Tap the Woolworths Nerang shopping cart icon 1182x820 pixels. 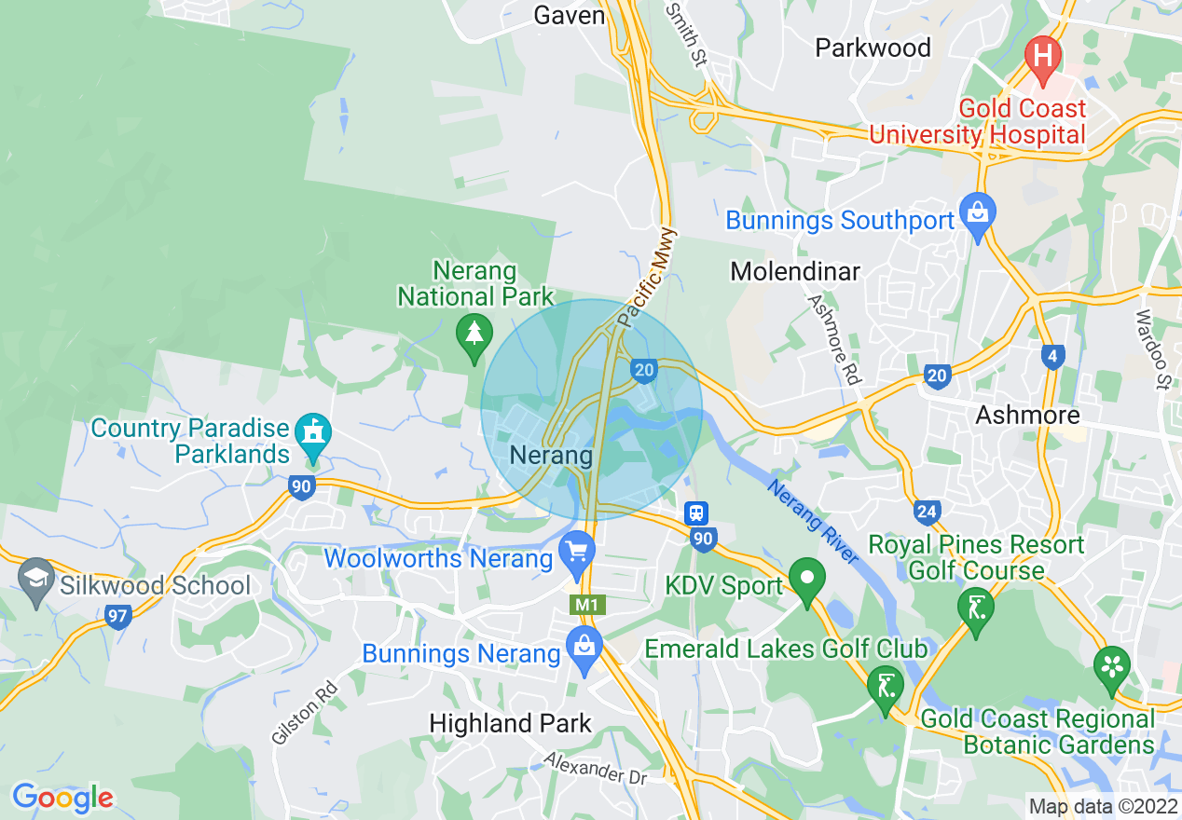(577, 553)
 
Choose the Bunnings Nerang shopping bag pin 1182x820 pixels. (584, 648)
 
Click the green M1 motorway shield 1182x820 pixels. (586, 605)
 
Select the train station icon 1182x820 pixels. (696, 512)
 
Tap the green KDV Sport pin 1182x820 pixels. (807, 579)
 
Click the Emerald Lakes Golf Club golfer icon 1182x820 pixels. (884, 688)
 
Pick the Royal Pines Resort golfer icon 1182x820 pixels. (975, 610)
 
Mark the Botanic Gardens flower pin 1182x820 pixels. (1111, 667)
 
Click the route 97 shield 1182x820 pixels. (118, 617)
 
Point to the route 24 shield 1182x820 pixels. (927, 511)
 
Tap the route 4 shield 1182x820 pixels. (1052, 356)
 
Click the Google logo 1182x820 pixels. (62, 798)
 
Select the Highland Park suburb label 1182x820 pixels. (510, 723)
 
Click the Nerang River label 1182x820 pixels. (812, 521)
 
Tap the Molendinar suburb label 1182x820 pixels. (795, 271)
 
